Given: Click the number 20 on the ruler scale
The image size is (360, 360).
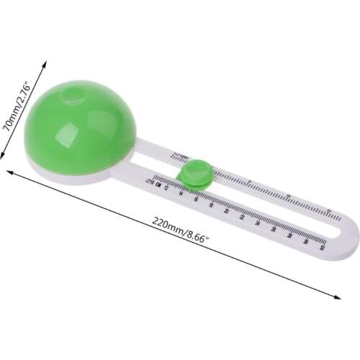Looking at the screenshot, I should point(228,210).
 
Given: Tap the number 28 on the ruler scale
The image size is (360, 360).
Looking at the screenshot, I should point(291,234).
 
